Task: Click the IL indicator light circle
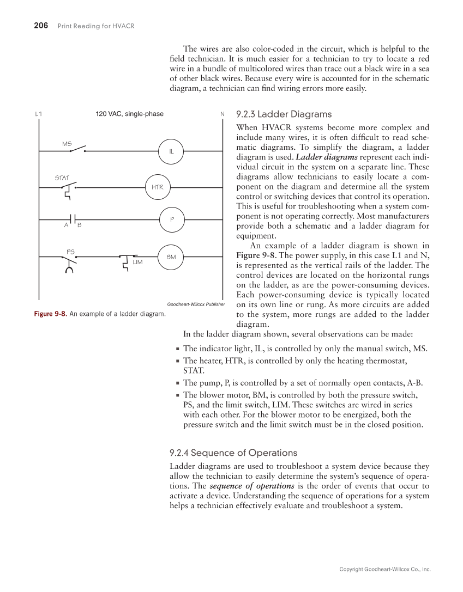click(171, 151)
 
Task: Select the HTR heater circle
click(158, 187)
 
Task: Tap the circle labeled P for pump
click(171, 219)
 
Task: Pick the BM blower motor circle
click(171, 257)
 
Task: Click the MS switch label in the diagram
click(67, 144)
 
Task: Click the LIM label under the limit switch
click(137, 263)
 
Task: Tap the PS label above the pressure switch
click(70, 252)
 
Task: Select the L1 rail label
click(38, 114)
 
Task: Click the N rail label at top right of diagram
click(223, 114)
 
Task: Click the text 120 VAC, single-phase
click(130, 114)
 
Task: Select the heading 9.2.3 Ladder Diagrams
click(284, 114)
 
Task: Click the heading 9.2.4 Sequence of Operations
click(233, 453)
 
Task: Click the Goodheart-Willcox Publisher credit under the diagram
click(196, 304)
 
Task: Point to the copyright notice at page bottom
click(385, 569)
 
